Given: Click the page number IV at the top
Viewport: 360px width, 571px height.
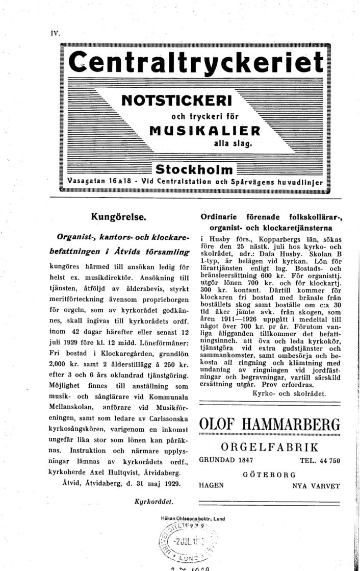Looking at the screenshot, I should (x=55, y=34).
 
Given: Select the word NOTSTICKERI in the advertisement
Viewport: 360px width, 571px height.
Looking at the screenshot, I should (x=176, y=97).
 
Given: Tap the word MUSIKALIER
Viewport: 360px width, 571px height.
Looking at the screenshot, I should (x=204, y=130).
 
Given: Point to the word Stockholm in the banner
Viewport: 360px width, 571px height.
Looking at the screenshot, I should (x=194, y=169).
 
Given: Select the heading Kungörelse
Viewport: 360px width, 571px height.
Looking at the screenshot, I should (x=119, y=216).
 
